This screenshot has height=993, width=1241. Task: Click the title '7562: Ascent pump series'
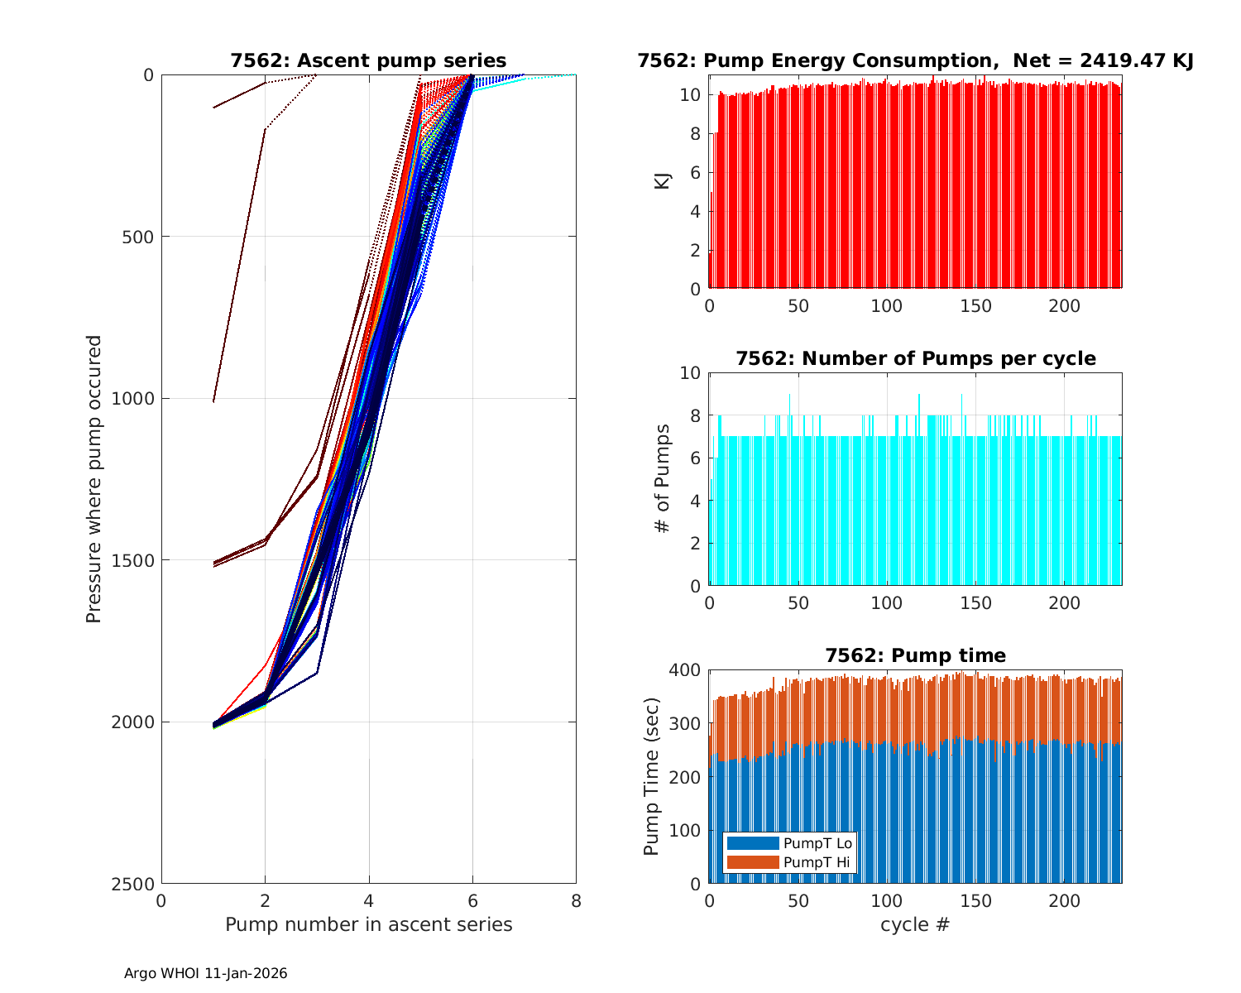point(368,60)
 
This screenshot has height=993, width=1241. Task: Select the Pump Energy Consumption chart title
point(915,60)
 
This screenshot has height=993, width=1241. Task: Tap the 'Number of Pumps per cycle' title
point(915,358)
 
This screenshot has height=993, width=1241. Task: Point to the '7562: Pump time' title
point(915,655)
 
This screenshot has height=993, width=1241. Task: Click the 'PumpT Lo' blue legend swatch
point(752,843)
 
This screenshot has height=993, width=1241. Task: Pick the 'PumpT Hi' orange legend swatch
point(752,862)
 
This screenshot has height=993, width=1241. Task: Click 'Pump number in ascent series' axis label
point(368,924)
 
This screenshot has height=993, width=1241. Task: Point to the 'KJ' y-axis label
point(662,180)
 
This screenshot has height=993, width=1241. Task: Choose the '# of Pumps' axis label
point(662,478)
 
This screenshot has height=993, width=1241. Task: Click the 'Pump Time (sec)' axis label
point(651,776)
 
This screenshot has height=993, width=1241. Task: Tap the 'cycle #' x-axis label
point(915,924)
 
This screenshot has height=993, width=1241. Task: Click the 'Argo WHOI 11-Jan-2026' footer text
point(206,974)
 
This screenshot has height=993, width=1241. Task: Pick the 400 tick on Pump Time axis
point(685,669)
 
